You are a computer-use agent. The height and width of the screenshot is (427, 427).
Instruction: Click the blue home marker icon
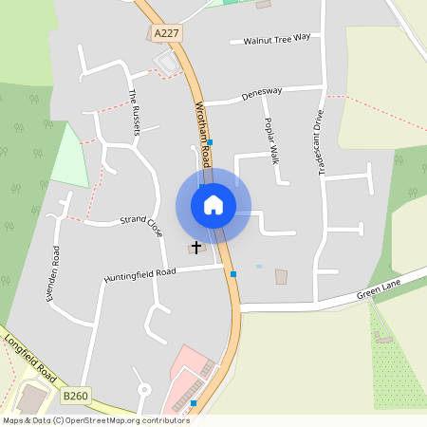[x=213, y=205]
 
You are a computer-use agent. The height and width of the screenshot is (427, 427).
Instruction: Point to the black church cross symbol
[x=197, y=248]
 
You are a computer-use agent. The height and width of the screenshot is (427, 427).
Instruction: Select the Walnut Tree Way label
[x=277, y=39]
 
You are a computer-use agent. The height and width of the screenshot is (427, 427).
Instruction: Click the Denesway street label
[x=262, y=92]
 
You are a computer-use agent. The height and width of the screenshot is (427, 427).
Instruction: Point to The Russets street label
[x=134, y=112]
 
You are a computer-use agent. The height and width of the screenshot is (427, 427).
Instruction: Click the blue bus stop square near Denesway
[x=210, y=142]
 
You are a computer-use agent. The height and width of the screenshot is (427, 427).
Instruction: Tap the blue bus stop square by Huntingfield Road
[x=233, y=274]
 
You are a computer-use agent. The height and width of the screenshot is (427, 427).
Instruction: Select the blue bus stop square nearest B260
[x=194, y=403]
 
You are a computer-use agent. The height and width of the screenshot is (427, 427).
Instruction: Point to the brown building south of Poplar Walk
[x=281, y=276]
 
